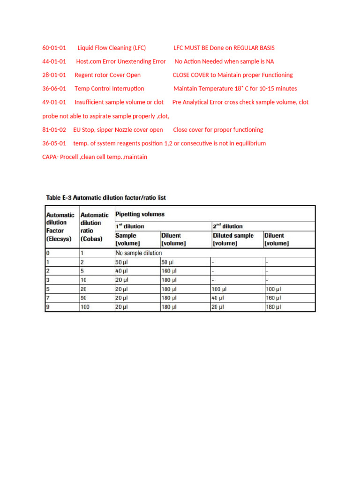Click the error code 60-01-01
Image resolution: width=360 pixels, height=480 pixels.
click(54, 48)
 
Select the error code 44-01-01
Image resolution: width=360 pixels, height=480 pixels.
click(54, 61)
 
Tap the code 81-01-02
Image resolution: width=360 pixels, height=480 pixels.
click(54, 130)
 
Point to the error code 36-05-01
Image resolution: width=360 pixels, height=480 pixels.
click(54, 143)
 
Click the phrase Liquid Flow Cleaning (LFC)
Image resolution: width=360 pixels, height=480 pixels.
click(112, 48)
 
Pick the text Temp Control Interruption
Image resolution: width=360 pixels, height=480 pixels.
click(109, 89)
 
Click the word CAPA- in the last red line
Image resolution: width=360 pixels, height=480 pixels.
click(51, 157)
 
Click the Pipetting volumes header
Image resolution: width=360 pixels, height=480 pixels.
click(140, 214)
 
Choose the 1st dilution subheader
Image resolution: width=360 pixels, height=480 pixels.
click(130, 226)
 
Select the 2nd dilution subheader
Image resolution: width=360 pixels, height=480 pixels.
click(229, 226)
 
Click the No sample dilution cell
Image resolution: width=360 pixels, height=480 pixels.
click(139, 253)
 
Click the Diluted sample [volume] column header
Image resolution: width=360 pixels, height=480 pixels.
click(233, 239)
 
